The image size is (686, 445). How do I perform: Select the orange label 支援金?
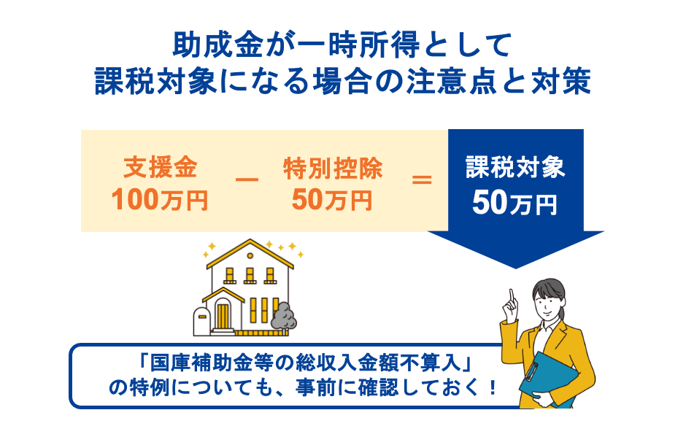coord(159,169)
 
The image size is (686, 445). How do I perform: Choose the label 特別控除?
coord(332,169)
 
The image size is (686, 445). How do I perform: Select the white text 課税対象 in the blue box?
coord(515,169)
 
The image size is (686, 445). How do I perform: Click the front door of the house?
coord(223,315)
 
